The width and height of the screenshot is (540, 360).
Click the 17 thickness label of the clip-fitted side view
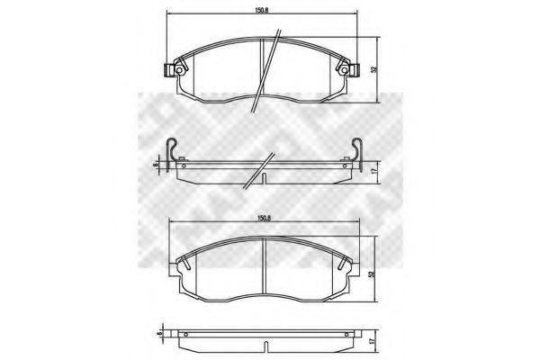coord(373,168)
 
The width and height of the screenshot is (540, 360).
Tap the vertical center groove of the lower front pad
coord(264,265)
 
